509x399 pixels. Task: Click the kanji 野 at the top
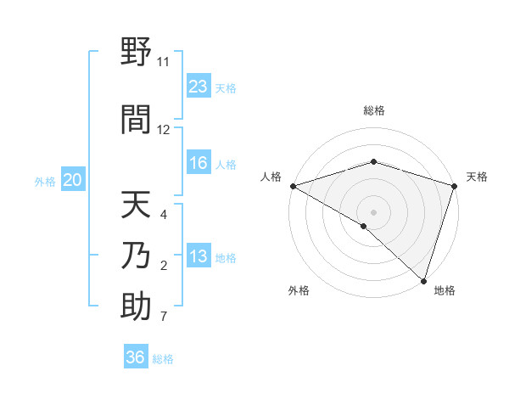[136, 52]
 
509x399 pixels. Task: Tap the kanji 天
[136, 205]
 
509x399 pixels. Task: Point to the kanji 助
[136, 306]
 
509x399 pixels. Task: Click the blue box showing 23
[199, 87]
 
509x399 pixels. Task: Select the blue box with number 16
[199, 164]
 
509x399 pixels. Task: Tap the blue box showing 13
[199, 257]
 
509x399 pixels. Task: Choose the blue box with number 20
[73, 180]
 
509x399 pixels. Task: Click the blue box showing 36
[136, 357]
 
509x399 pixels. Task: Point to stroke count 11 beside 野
[163, 62]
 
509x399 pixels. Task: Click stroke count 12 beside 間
[164, 130]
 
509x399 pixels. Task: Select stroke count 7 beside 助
[164, 318]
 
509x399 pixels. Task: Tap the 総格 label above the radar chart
[373, 110]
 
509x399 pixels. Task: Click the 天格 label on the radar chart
[478, 177]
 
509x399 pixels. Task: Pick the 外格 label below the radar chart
[299, 290]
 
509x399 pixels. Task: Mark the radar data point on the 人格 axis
[293, 186]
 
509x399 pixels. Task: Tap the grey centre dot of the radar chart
[373, 211]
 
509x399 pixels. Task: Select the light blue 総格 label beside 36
[163, 359]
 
